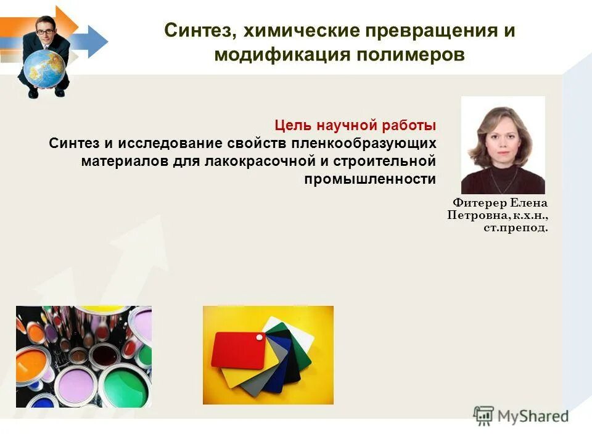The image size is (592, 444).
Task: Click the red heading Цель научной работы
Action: tap(355, 125)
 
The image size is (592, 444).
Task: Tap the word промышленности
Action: tap(370, 179)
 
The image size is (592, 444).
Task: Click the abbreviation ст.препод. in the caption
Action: tap(515, 228)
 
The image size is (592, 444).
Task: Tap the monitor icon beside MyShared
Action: tap(484, 415)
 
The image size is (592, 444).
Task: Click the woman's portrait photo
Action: tap(503, 145)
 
